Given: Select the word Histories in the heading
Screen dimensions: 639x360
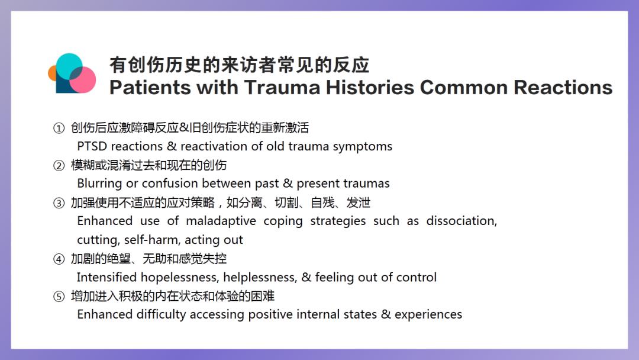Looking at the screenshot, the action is point(370,87).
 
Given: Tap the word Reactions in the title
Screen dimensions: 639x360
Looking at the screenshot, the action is point(563,87).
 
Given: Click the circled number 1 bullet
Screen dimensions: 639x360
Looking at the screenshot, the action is point(59,128).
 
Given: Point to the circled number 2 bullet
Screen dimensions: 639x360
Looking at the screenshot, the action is point(59,166).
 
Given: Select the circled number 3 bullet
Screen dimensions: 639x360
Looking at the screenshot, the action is point(59,203).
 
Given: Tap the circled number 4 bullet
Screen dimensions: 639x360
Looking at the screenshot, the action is point(59,259).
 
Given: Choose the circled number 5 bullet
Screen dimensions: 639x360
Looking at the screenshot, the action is point(59,297).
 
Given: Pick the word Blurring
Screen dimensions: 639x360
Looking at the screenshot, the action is point(99,184).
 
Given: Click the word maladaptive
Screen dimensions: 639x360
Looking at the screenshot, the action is point(221,221).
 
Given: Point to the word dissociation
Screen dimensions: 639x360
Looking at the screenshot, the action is point(461,221).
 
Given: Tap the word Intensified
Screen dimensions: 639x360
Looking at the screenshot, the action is point(106,277).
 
